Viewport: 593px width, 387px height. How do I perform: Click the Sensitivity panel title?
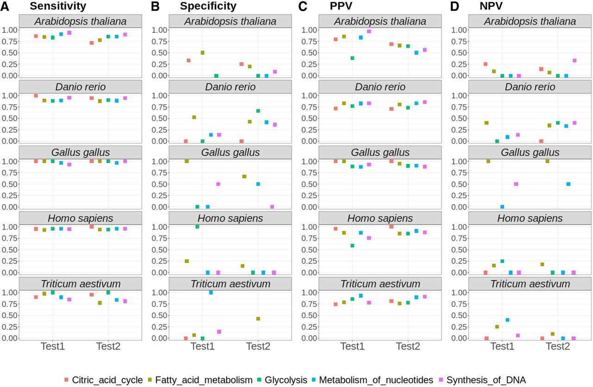coord(58,6)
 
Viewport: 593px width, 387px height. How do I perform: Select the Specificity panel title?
coord(208,6)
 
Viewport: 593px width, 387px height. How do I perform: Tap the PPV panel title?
coord(341,6)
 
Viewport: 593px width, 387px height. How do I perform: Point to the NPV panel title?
coord(491,6)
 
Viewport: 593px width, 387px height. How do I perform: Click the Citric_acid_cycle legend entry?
coord(104,380)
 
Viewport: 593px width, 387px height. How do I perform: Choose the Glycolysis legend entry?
coord(282,380)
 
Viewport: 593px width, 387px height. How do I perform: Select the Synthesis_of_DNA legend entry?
coord(483,380)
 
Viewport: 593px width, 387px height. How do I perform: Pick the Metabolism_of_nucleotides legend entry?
coord(372,380)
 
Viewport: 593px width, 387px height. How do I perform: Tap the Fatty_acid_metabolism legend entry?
coord(200,380)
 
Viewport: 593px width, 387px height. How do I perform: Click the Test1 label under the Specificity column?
coord(202,346)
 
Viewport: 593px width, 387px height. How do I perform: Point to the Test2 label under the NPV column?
coord(558,346)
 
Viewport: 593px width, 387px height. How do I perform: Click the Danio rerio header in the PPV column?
coord(380,87)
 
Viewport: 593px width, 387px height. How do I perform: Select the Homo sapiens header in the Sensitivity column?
coord(81,218)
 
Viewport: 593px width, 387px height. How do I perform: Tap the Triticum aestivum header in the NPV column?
coord(530,284)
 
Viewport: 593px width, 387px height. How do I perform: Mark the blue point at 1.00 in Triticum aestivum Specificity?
coord(211,292)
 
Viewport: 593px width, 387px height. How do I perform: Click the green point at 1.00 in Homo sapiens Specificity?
coord(197,227)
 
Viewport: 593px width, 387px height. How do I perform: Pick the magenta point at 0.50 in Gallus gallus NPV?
coord(516,184)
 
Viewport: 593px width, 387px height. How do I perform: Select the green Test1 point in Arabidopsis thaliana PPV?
coord(353,58)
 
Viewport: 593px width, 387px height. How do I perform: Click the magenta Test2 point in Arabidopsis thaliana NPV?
coord(574,60)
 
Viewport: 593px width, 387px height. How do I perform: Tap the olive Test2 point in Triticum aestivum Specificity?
coord(258,319)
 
